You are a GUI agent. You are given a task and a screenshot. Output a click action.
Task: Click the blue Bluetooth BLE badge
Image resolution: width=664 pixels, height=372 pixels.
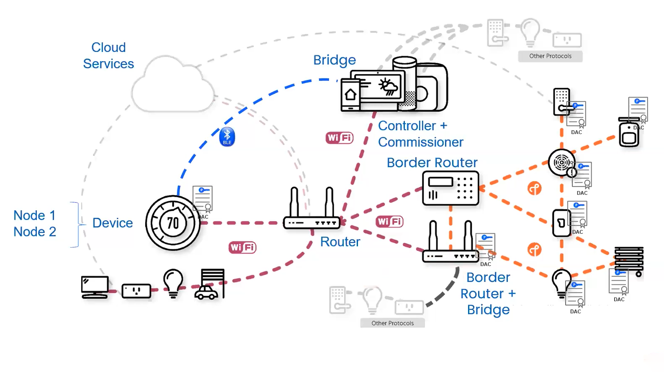point(227,137)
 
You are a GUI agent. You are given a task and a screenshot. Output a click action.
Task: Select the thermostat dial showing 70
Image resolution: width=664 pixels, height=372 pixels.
point(172,223)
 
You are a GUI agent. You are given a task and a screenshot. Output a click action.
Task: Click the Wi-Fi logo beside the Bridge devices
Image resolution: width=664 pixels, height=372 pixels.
point(340,138)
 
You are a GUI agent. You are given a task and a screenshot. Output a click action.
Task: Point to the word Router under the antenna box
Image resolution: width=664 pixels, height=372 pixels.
point(340,242)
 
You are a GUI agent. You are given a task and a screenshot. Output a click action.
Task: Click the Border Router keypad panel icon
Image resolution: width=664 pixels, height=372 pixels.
point(450,189)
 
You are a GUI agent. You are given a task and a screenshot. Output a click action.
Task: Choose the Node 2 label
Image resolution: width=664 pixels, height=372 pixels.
point(35,232)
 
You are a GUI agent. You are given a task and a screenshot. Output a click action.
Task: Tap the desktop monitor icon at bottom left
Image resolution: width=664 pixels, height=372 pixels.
point(95,287)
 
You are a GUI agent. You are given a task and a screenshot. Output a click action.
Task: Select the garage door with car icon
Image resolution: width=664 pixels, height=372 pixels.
point(210,284)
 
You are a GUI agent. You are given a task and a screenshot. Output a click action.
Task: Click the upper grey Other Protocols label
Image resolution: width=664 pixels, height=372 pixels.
point(550,56)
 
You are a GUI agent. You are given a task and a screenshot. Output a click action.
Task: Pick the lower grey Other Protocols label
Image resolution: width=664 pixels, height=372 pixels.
point(392,323)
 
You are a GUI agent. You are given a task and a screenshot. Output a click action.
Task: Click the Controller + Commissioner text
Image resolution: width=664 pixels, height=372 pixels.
point(420,134)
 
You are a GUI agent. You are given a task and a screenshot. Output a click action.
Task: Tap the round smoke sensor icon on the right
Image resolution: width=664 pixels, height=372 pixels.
point(561,162)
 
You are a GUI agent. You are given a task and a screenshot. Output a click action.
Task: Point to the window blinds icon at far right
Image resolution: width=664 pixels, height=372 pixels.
point(628,260)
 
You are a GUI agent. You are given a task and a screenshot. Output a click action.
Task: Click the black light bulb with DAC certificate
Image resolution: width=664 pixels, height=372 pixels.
point(561,283)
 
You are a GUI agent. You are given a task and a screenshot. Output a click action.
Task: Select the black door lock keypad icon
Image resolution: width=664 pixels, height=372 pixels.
point(561,102)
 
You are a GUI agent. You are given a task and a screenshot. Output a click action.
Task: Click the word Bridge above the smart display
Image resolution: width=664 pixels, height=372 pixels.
point(335,60)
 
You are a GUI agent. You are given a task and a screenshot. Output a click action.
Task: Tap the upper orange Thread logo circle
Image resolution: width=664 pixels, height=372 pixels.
point(534,189)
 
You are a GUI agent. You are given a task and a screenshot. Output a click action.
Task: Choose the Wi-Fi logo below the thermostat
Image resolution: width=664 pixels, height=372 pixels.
point(242,248)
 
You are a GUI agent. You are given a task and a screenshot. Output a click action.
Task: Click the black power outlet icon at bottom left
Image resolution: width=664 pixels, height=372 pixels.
point(136,291)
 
